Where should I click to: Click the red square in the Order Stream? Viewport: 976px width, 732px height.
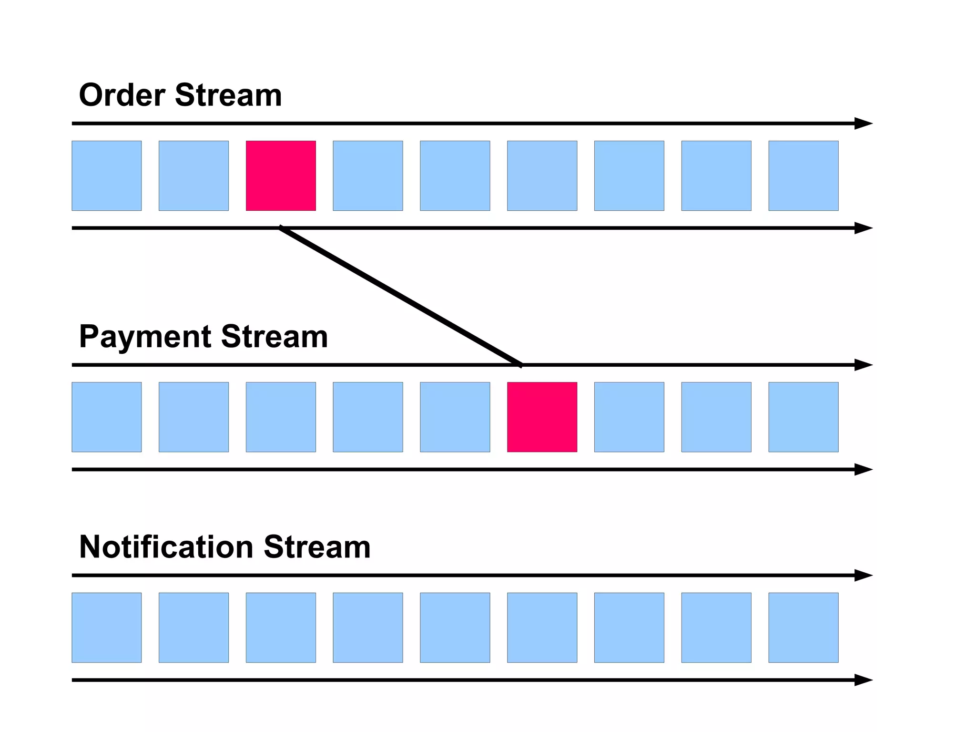click(281, 175)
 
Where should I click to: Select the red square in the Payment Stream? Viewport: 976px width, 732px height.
click(542, 417)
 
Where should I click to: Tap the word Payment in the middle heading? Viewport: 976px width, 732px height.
click(145, 337)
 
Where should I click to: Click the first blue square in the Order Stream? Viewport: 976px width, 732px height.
click(107, 175)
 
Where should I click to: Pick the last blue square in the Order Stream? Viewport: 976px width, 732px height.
click(803, 175)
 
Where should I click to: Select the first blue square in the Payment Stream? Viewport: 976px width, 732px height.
click(107, 417)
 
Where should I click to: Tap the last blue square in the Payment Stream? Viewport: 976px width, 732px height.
click(803, 417)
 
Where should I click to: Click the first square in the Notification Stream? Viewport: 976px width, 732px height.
click(107, 628)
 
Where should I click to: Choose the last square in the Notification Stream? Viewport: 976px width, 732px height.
click(803, 628)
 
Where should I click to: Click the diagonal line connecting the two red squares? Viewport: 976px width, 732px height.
click(400, 297)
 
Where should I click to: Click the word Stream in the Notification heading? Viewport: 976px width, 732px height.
click(317, 547)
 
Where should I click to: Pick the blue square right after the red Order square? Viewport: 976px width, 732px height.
click(367, 175)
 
